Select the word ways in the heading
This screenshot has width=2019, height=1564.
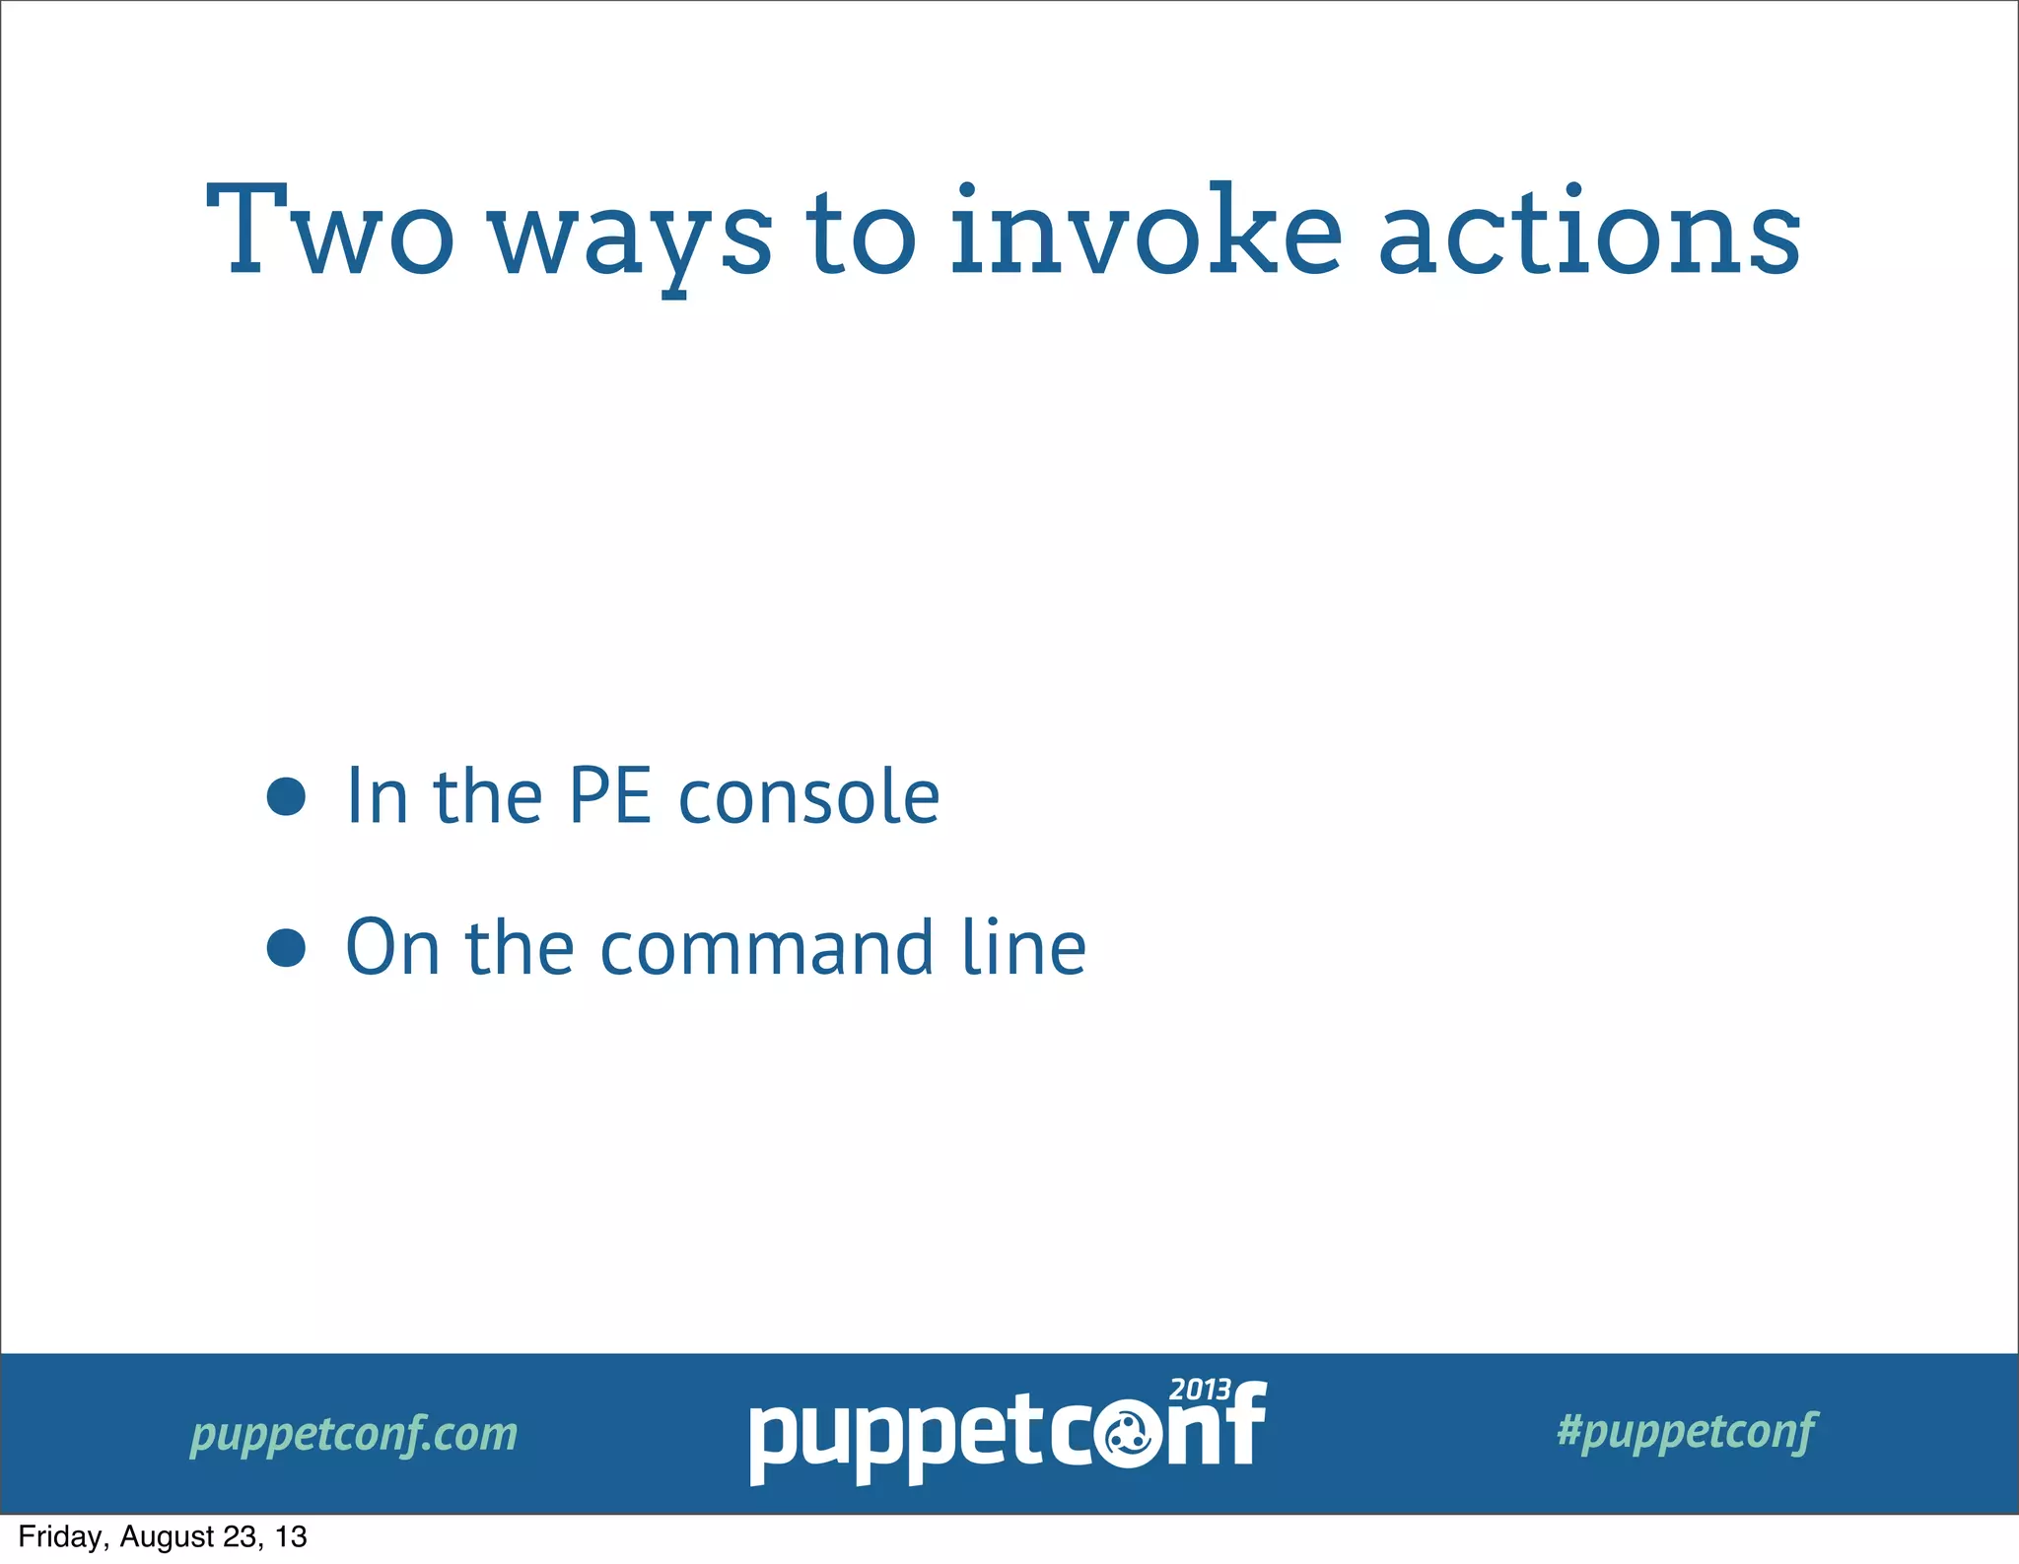(631, 237)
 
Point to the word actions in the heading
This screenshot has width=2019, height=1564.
(1589, 232)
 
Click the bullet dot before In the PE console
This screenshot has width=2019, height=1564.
(286, 796)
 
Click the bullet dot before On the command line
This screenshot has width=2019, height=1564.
(286, 948)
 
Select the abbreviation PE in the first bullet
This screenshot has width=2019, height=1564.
(610, 796)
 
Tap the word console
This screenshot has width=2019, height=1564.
(809, 796)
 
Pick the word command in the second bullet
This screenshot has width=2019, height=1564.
(767, 948)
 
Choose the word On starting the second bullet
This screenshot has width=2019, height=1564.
(391, 948)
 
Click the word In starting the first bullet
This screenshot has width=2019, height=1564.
(377, 796)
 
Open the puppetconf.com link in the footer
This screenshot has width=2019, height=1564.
(354, 1434)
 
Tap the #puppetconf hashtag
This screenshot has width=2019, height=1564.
(1687, 1431)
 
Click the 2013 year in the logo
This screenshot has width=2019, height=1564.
(1200, 1390)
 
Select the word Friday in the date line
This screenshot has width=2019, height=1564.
(59, 1537)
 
